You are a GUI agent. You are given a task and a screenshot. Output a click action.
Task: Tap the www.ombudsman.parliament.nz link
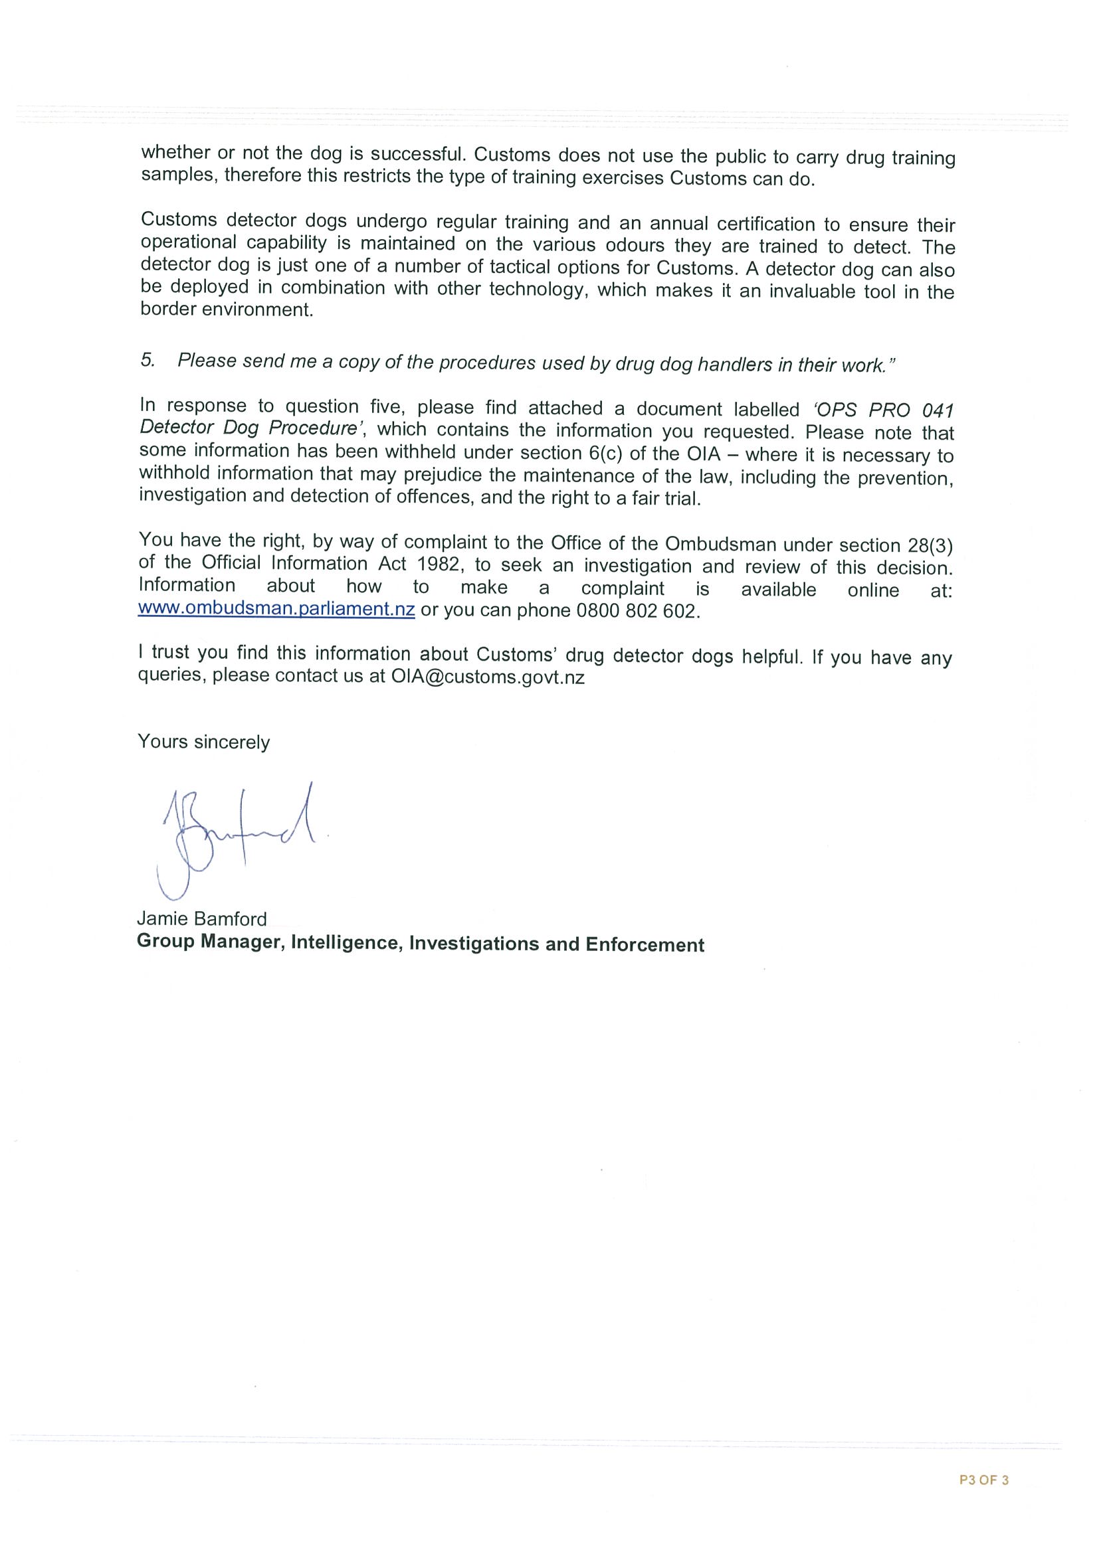click(276, 608)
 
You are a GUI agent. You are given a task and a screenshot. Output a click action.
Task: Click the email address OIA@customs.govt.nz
click(488, 677)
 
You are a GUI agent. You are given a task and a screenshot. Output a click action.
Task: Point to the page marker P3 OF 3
click(984, 1480)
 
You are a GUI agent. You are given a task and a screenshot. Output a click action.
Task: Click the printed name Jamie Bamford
click(202, 918)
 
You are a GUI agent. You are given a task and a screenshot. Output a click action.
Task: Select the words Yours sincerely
click(204, 742)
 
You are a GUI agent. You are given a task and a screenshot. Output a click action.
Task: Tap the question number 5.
click(147, 360)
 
